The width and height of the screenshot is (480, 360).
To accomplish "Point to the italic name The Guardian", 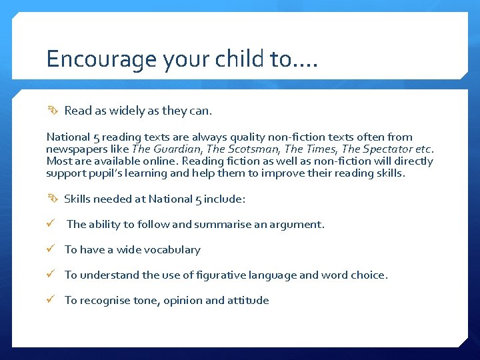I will coord(161,149).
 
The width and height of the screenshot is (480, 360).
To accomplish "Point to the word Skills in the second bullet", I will coord(78,199).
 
